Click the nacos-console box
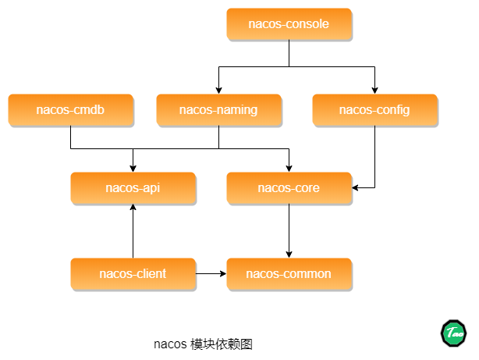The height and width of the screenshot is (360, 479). click(289, 24)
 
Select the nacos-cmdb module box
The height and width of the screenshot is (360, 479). click(71, 110)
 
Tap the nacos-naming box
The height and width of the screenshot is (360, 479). click(218, 110)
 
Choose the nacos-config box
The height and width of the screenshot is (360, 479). click(375, 110)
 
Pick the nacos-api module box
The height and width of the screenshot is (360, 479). click(133, 188)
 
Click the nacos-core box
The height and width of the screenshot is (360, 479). click(289, 188)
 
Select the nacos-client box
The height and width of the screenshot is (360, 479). click(133, 274)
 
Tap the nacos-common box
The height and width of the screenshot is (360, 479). click(289, 274)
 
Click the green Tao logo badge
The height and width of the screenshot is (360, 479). click(453, 333)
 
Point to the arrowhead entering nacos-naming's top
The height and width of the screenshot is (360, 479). click(218, 91)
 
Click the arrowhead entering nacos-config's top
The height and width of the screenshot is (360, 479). click(374, 91)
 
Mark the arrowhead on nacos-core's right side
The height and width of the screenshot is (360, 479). click(355, 187)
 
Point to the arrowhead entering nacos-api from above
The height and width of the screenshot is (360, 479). click(133, 169)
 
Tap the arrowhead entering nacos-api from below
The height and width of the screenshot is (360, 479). click(133, 208)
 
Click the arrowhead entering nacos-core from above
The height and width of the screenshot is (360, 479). click(289, 169)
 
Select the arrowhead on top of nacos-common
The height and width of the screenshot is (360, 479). click(289, 255)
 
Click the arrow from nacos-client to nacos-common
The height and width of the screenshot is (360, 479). click(211, 274)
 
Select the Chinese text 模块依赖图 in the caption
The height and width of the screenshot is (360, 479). click(222, 344)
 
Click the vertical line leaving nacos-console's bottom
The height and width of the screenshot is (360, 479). click(289, 54)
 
